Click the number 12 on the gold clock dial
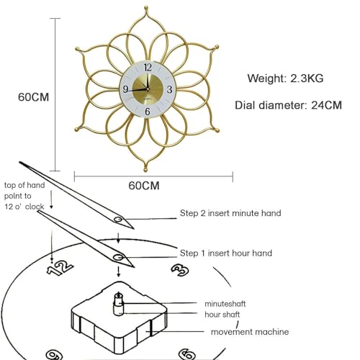pyautogui.click(x=148, y=68)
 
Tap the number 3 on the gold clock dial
pyautogui.click(x=169, y=89)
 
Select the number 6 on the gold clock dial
pyautogui.click(x=148, y=112)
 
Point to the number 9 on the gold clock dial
pyautogui.click(x=125, y=89)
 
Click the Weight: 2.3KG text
pyautogui.click(x=285, y=78)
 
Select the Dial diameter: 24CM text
pyautogui.click(x=288, y=105)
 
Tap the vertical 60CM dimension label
pyautogui.click(x=33, y=97)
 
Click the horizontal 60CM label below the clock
pyautogui.click(x=144, y=186)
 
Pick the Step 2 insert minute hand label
pyautogui.click(x=230, y=213)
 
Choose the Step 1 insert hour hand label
pyautogui.click(x=226, y=253)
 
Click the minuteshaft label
pyautogui.click(x=225, y=304)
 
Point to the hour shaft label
pyautogui.click(x=222, y=315)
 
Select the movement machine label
pyautogui.click(x=250, y=332)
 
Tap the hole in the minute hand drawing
pyautogui.click(x=118, y=220)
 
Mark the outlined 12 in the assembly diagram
pyautogui.click(x=60, y=269)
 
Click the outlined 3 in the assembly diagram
pyautogui.click(x=180, y=270)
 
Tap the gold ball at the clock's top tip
pyautogui.click(x=146, y=9)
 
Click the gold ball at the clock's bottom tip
pyautogui.click(x=145, y=170)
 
